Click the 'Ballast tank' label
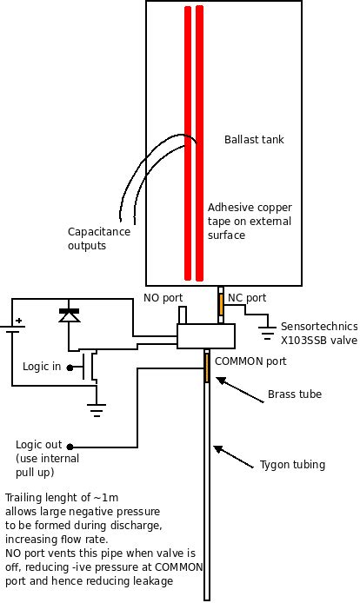pyautogui.click(x=254, y=139)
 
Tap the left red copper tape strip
pyautogui.click(x=188, y=143)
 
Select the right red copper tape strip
pyautogui.click(x=199, y=143)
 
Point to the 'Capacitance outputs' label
pyautogui.click(x=99, y=238)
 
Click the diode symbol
pyautogui.click(x=70, y=315)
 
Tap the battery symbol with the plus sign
pyautogui.click(x=13, y=325)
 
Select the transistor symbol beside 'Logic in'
pyautogui.click(x=90, y=366)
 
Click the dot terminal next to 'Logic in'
pyautogui.click(x=70, y=368)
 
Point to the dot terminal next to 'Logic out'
pyautogui.click(x=70, y=447)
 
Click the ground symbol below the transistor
pyautogui.click(x=97, y=410)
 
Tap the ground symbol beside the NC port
pyautogui.click(x=267, y=333)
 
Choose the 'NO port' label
pyautogui.click(x=163, y=298)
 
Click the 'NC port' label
pyautogui.click(x=247, y=298)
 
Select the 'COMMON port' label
pyautogui.click(x=250, y=361)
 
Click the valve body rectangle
pyautogui.click(x=205, y=336)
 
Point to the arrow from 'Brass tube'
pyautogui.click(x=240, y=390)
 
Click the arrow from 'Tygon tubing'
pyautogui.click(x=234, y=457)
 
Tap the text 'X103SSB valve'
pyautogui.click(x=319, y=341)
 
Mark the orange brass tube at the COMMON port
pyautogui.click(x=207, y=368)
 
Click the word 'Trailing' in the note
pyautogui.click(x=23, y=498)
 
